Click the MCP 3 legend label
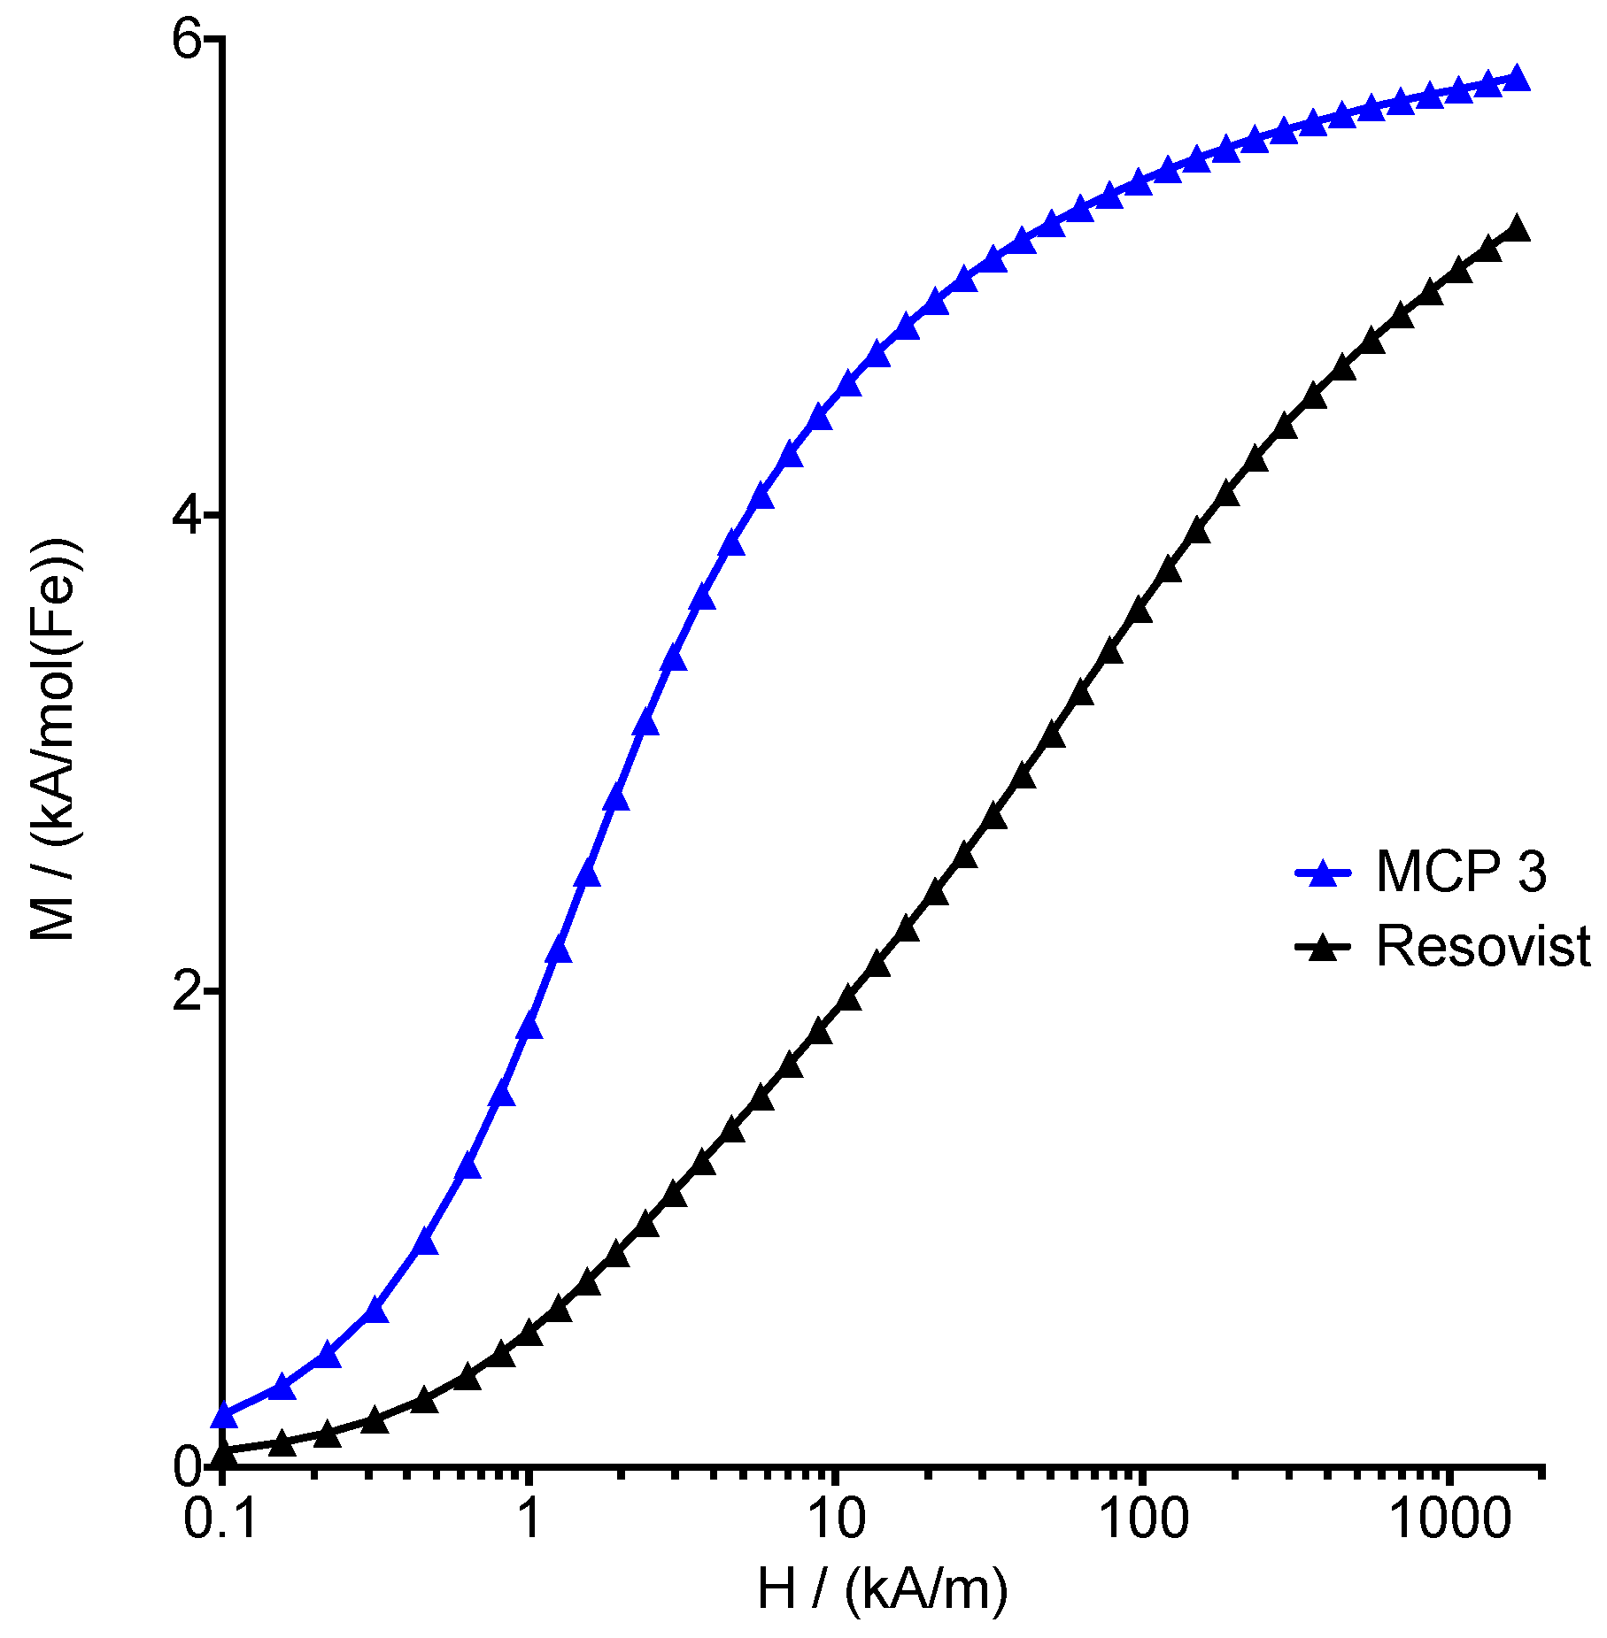pyautogui.click(x=1461, y=872)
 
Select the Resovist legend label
pyautogui.click(x=1484, y=946)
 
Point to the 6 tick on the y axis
pyautogui.click(x=188, y=40)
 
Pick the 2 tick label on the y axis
pyautogui.click(x=188, y=990)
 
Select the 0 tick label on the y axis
pyautogui.click(x=188, y=1466)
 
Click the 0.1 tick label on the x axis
pyautogui.click(x=221, y=1519)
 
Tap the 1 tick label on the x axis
pyautogui.click(x=529, y=1519)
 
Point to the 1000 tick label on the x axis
pyautogui.click(x=1449, y=1519)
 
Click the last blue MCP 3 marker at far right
pyautogui.click(x=1517, y=78)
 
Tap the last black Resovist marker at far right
pyautogui.click(x=1517, y=228)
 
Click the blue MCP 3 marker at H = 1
pyautogui.click(x=529, y=1027)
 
